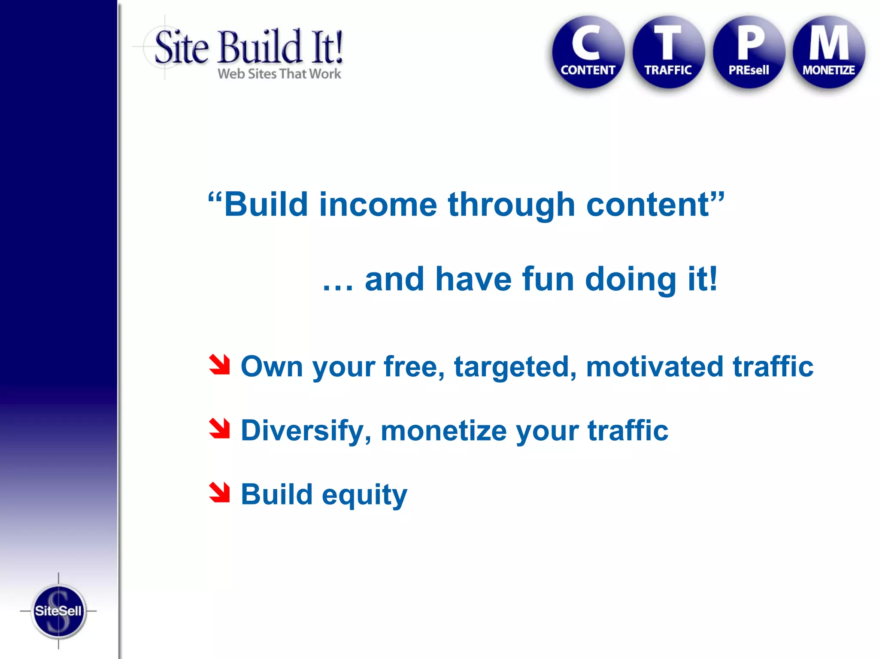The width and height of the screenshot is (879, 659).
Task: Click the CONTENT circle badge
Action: (588, 52)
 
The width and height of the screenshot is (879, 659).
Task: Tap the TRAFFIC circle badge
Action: (668, 52)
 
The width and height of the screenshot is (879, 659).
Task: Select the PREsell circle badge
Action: (749, 52)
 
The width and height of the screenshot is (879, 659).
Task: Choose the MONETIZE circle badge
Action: (828, 52)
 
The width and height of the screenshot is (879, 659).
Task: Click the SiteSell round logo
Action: (58, 611)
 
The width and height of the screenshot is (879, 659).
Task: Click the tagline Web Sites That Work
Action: (279, 74)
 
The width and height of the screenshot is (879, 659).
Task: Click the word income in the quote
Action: (378, 205)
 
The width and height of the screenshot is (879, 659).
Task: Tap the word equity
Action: (364, 496)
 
